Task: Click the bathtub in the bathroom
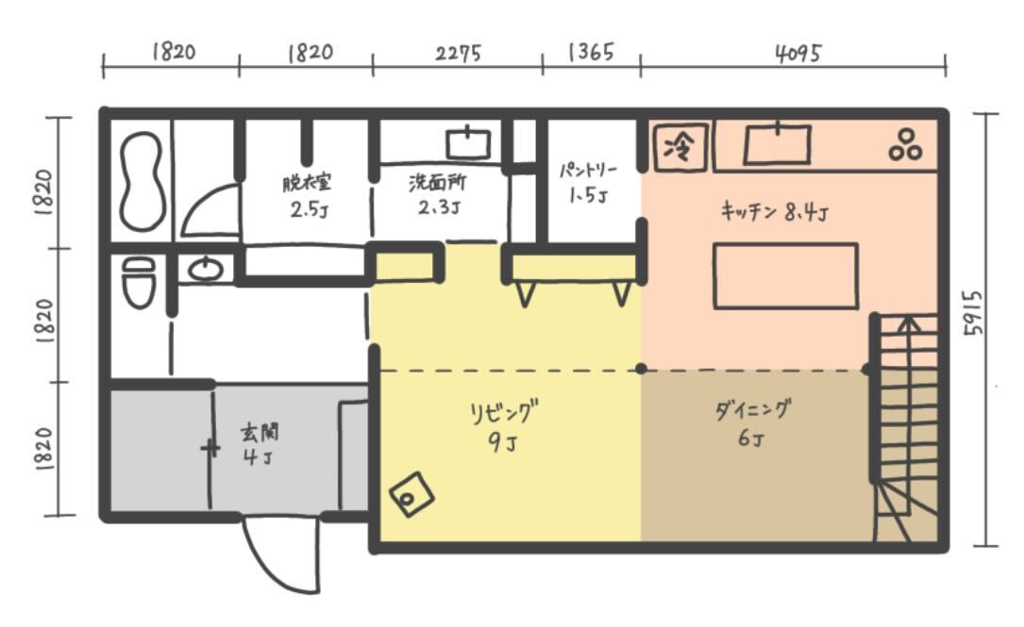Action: (142, 180)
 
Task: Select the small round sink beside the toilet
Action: (205, 269)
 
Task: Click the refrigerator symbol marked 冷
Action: (680, 147)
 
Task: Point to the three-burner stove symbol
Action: (905, 145)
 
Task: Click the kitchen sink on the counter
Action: (777, 143)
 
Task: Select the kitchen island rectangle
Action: (785, 275)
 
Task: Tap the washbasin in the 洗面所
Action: (468, 143)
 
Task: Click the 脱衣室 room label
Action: (307, 183)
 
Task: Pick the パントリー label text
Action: (588, 171)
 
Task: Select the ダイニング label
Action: (752, 410)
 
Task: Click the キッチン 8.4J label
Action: (775, 211)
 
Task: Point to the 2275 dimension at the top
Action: (459, 52)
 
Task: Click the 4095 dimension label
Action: (798, 53)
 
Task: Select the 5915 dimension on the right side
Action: (973, 313)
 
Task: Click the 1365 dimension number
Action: (591, 52)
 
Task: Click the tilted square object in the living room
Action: (412, 495)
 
